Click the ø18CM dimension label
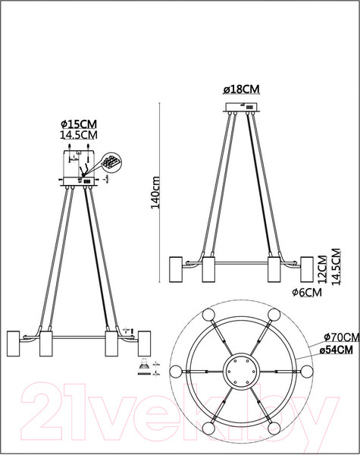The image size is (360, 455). click(x=241, y=89)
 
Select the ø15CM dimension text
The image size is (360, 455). click(x=79, y=124)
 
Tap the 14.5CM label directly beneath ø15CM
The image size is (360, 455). click(x=79, y=135)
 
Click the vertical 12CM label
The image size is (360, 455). click(x=322, y=267)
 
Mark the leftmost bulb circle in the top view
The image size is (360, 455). click(x=176, y=372)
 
